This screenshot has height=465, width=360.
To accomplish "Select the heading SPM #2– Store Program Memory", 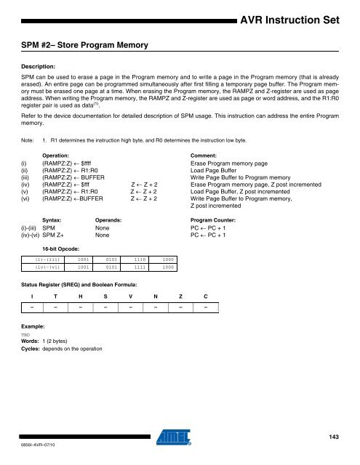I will coord(85,46).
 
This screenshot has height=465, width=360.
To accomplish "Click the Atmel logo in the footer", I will coord(180,438).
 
